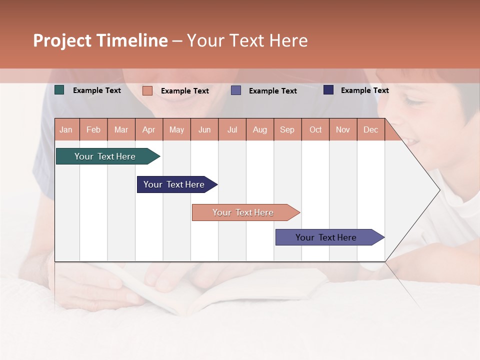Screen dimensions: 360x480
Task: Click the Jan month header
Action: pyautogui.click(x=66, y=129)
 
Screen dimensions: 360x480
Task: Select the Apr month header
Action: pyautogui.click(x=148, y=129)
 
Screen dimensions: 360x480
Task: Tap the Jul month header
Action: pyautogui.click(x=232, y=129)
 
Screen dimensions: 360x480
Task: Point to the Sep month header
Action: pyautogui.click(x=287, y=129)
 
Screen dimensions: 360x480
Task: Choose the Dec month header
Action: pyautogui.click(x=370, y=129)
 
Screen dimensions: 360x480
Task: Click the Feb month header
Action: pyautogui.click(x=93, y=129)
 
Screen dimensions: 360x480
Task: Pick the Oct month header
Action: pyautogui.click(x=315, y=129)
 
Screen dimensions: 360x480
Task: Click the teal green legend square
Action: pyautogui.click(x=59, y=90)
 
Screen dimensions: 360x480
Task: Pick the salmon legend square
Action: pyautogui.click(x=147, y=90)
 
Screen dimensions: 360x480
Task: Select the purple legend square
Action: pyautogui.click(x=236, y=90)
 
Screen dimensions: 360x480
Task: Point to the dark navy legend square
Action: pyautogui.click(x=328, y=90)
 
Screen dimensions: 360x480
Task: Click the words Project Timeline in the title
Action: pyautogui.click(x=100, y=40)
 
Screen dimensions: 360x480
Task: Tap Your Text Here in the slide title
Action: pyautogui.click(x=247, y=40)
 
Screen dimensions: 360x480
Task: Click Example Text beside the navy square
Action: pyautogui.click(x=364, y=90)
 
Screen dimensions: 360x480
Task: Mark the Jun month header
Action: pyautogui.click(x=204, y=129)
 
